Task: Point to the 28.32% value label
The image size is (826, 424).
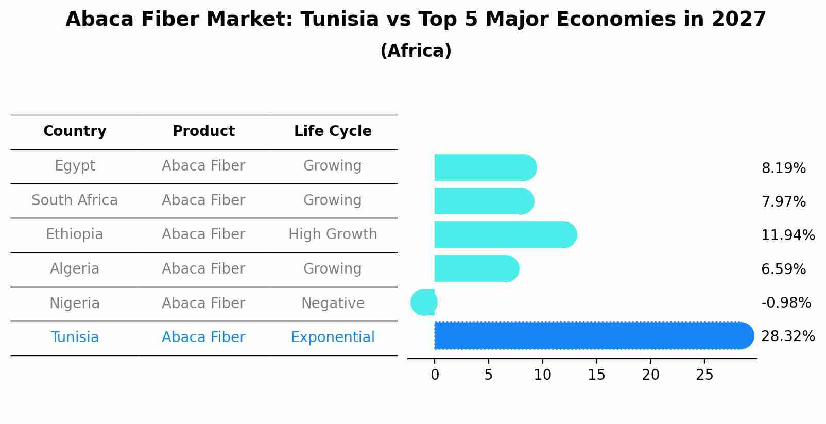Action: coord(787,336)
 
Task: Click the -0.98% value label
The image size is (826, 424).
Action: coord(786,303)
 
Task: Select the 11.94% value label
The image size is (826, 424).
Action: coord(787,235)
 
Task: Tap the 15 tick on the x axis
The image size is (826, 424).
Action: coord(596,375)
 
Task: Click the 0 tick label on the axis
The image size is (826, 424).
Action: coord(435,375)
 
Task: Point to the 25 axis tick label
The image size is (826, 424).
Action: coord(704,375)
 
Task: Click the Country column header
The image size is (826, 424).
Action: coord(75,131)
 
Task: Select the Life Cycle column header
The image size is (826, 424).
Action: coord(333,131)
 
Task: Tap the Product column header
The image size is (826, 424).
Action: coord(203,131)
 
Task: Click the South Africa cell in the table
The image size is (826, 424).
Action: coord(75,200)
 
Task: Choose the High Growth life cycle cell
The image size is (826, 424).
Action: coord(333,234)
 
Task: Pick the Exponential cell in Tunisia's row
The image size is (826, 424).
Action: coord(333,337)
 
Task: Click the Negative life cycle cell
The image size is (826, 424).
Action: coord(333,303)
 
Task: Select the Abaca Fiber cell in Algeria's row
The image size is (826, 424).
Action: coord(203,269)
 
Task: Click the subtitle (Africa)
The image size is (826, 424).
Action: coord(416,51)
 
